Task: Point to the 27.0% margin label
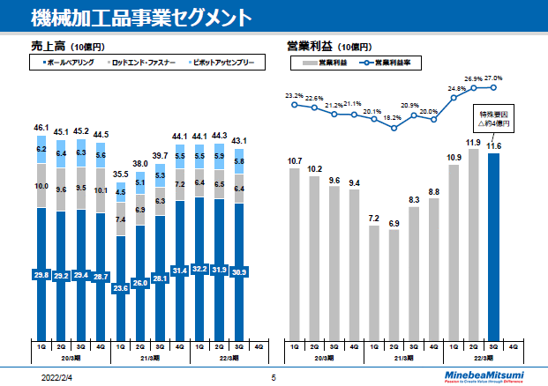494,78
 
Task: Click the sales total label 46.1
41,128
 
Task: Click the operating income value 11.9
475,143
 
